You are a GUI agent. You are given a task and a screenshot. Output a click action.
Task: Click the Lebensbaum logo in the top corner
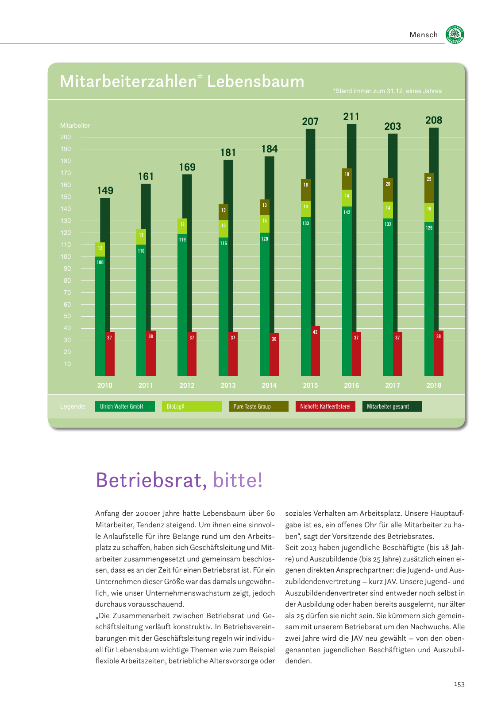pos(455,35)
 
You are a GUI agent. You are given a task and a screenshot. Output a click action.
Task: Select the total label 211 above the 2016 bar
pos(351,117)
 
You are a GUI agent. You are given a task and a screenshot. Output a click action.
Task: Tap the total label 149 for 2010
pos(105,191)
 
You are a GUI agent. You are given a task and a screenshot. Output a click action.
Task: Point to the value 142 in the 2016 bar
pos(347,212)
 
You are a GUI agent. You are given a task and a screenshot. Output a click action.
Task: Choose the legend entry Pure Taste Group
pos(258,406)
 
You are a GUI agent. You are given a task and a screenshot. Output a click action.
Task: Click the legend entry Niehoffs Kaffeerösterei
pos(325,406)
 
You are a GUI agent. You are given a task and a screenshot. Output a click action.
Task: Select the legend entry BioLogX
pos(191,406)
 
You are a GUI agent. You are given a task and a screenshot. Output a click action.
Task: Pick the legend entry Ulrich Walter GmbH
pos(124,406)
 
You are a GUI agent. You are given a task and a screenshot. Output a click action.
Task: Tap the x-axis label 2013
pos(228,386)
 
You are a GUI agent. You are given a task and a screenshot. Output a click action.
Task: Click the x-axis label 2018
pos(434,386)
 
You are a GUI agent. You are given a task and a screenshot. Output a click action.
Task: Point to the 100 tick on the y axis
pos(66,257)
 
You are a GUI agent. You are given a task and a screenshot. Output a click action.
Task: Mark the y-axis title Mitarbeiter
pos(75,125)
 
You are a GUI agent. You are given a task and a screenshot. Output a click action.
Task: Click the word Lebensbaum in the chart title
pos(256,82)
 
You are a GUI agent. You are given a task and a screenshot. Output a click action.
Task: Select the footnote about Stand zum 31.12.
pos(387,91)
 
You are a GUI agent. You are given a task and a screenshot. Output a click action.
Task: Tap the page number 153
pos(459,685)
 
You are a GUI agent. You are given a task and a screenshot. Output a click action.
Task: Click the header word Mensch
pos(424,35)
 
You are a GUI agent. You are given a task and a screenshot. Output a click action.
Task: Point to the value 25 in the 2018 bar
pos(429,179)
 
